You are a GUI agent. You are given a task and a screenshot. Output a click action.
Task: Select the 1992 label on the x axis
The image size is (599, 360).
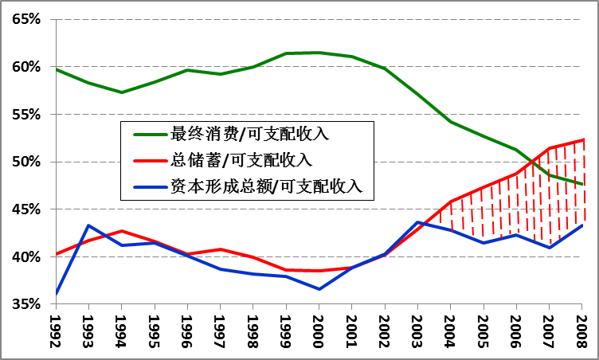click(56, 332)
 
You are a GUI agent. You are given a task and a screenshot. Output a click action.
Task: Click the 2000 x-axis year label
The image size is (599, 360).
click(319, 332)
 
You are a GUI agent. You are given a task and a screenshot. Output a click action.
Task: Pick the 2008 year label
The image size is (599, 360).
click(582, 332)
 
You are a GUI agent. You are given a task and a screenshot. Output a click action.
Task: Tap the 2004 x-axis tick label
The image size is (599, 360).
click(451, 332)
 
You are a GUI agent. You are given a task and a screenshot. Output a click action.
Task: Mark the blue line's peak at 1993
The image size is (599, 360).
click(88, 225)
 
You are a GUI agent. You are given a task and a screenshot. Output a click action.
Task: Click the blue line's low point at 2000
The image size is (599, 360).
click(319, 289)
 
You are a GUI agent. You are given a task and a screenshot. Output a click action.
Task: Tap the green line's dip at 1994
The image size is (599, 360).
click(121, 92)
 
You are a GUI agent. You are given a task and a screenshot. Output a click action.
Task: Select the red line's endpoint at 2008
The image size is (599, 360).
click(582, 139)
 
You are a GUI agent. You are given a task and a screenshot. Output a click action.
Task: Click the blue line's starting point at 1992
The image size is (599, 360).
click(56, 294)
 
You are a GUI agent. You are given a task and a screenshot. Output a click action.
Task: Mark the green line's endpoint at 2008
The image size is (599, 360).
click(582, 185)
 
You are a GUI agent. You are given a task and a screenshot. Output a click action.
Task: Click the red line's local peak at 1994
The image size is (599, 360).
click(121, 231)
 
